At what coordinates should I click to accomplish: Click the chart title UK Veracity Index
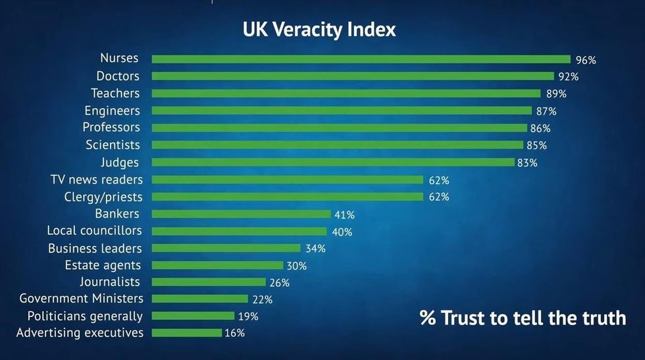click(x=319, y=30)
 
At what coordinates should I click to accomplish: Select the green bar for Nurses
click(x=361, y=59)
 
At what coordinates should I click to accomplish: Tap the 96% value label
click(x=586, y=60)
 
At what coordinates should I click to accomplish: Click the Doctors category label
click(x=118, y=76)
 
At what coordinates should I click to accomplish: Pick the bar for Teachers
click(x=346, y=93)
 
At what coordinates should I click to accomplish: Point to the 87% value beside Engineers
click(x=546, y=111)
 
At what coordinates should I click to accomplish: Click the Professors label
click(x=111, y=127)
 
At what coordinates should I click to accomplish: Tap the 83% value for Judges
click(x=527, y=163)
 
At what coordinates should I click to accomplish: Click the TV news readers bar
click(x=287, y=180)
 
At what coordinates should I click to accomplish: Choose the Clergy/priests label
click(x=103, y=197)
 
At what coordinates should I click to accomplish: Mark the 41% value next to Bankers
click(x=344, y=215)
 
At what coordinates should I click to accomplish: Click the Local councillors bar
click(x=239, y=231)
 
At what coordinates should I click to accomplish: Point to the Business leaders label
click(x=95, y=248)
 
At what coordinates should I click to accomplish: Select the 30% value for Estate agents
click(x=296, y=266)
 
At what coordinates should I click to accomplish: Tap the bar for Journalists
click(x=209, y=282)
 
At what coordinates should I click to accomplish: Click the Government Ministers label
click(x=81, y=299)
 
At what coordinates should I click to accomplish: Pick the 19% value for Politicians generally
click(x=248, y=316)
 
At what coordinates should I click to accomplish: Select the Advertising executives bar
click(x=186, y=333)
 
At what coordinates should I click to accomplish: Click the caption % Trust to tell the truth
click(x=523, y=318)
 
